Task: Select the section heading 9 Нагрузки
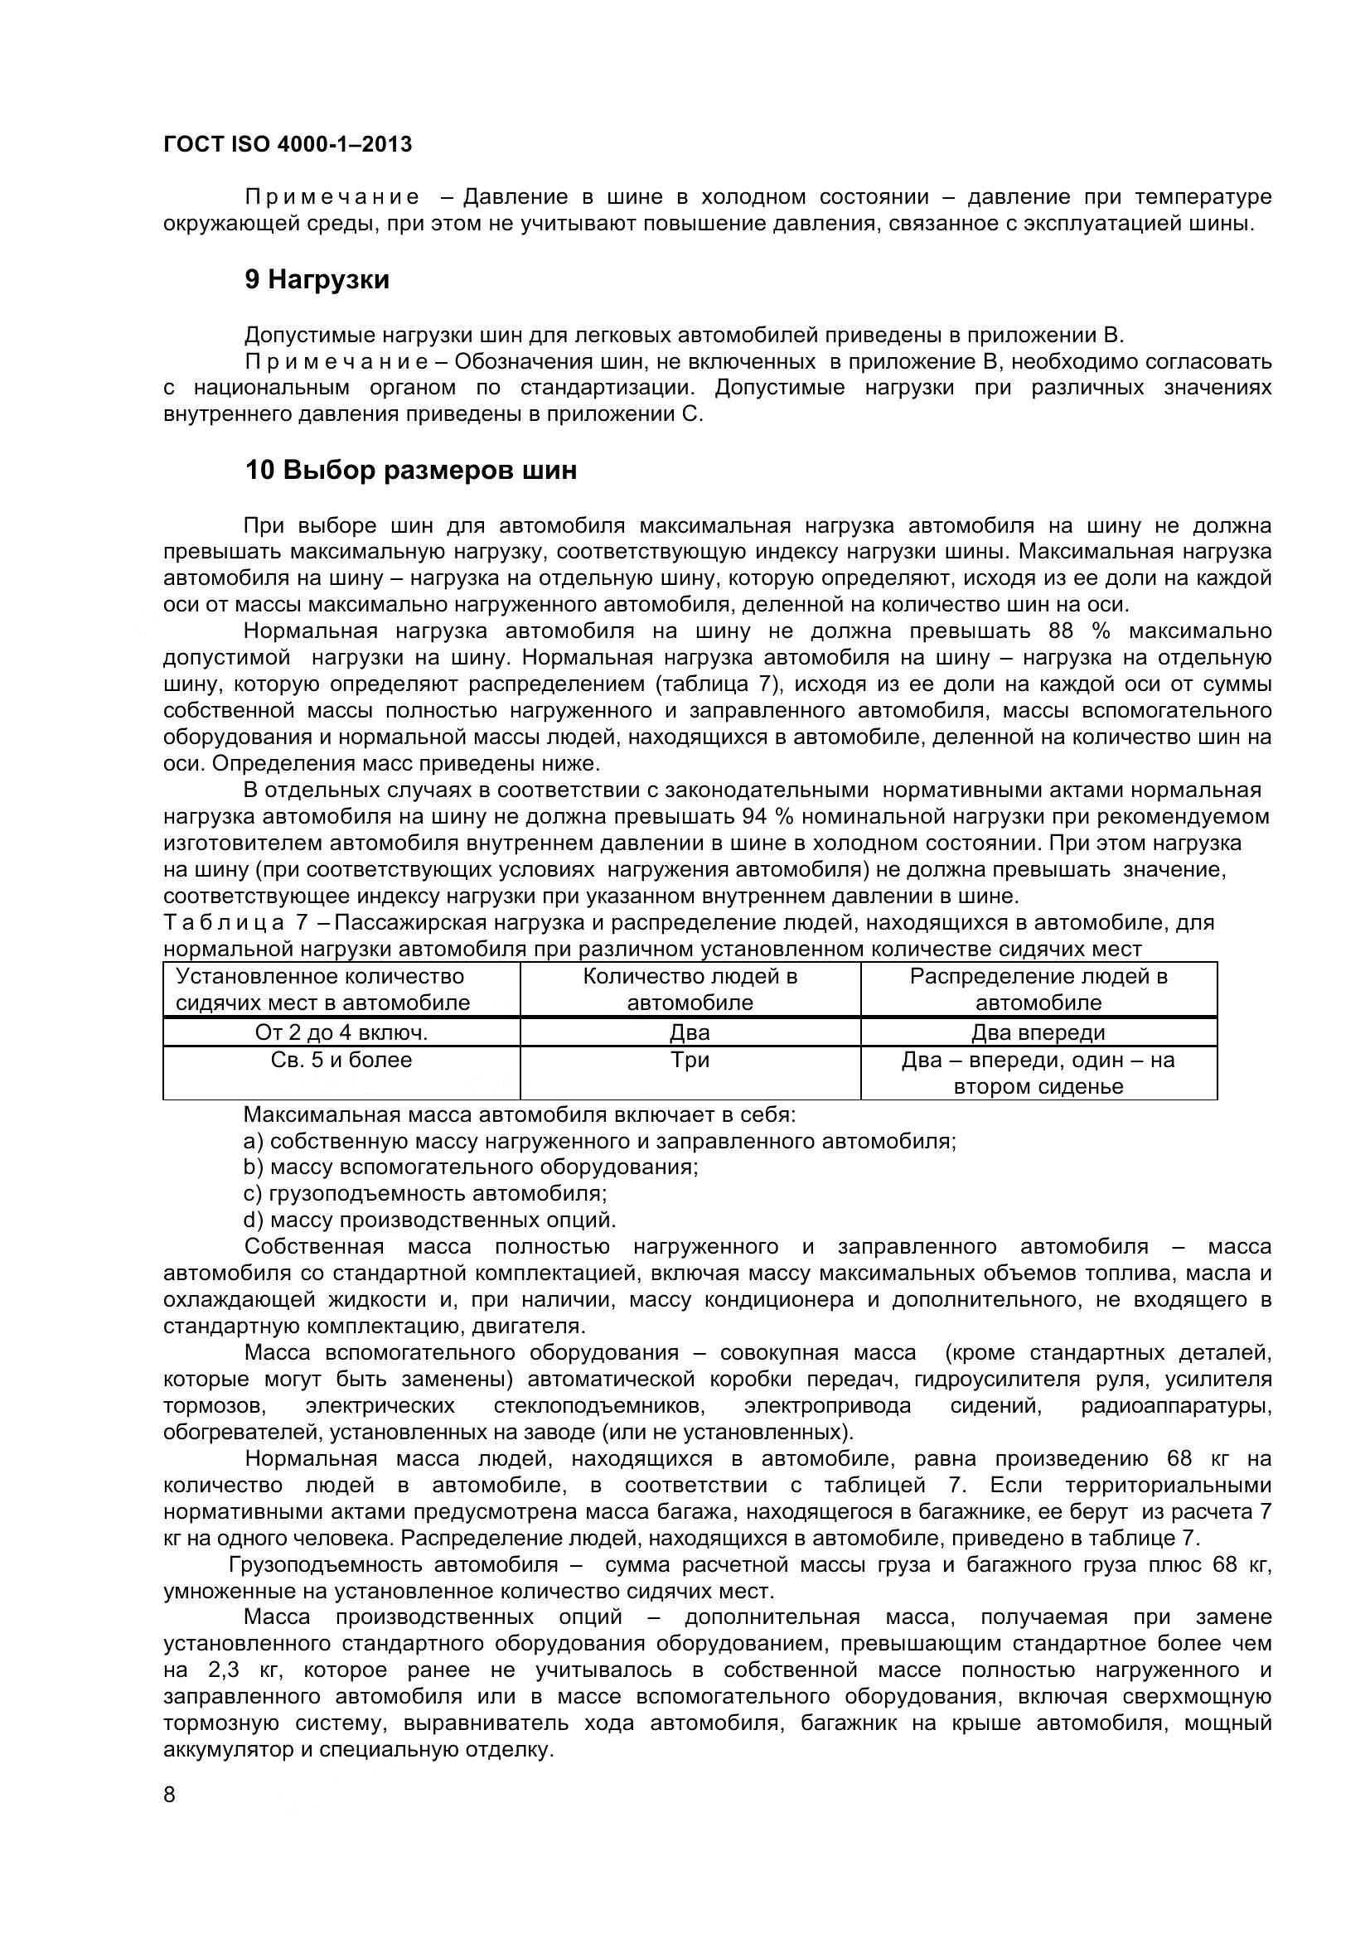[x=317, y=279]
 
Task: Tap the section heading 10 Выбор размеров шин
[x=410, y=470]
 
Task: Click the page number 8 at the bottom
[x=170, y=1795]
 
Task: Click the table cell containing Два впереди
[x=1038, y=1033]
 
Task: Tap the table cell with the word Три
[x=690, y=1061]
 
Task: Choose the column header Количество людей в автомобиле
[x=690, y=989]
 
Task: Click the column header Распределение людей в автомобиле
[x=1038, y=989]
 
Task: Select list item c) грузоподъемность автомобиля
[x=425, y=1193]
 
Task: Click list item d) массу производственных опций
[x=429, y=1220]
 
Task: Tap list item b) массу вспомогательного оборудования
[x=470, y=1167]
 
